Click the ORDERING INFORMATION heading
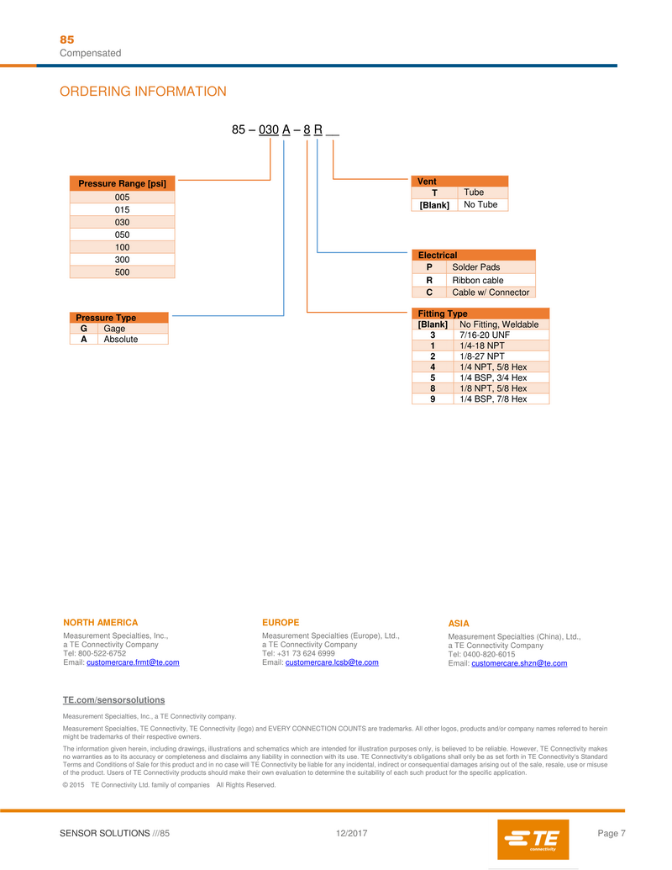tap(143, 92)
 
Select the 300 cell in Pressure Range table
tap(123, 261)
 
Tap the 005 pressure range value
tap(123, 197)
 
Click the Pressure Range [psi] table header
tap(123, 183)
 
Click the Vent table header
tap(459, 181)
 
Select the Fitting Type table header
tap(480, 314)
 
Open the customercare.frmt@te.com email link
tap(133, 662)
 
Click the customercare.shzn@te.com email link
tap(519, 663)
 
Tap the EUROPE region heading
tap(281, 623)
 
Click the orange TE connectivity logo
tap(533, 839)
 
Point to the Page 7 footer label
tap(611, 833)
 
